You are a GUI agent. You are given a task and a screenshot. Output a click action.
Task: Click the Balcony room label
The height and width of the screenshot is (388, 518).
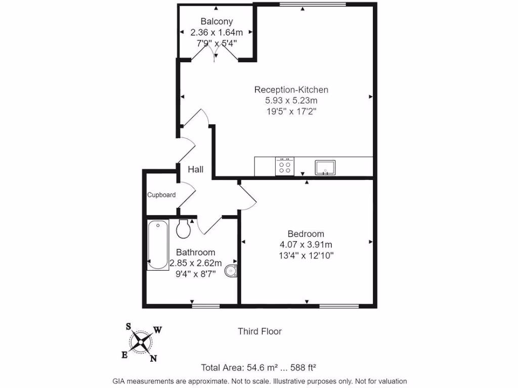[217, 21]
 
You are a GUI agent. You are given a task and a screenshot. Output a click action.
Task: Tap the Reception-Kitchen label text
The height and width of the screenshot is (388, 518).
[291, 90]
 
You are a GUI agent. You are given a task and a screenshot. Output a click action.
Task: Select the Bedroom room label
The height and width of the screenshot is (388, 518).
[306, 234]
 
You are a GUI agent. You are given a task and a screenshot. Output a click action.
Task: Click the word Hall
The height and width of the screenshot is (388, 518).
[196, 169]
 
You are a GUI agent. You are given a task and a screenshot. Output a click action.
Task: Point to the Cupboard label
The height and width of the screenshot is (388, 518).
[161, 195]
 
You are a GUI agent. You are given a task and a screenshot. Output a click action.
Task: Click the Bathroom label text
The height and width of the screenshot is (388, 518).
[195, 252]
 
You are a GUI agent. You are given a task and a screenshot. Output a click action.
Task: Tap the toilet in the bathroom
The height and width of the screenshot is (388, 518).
[184, 228]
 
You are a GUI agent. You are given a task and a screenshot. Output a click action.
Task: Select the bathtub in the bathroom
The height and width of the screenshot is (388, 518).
[158, 245]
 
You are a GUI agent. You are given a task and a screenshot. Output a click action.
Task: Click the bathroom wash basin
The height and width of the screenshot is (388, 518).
[232, 271]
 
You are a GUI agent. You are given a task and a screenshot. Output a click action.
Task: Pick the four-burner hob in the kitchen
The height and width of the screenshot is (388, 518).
[284, 166]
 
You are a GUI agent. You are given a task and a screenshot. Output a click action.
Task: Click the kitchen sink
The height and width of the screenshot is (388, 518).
[325, 167]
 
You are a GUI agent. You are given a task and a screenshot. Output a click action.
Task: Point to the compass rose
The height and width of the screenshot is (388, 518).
[141, 343]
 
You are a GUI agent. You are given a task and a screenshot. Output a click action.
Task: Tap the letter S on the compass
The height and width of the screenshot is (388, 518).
[128, 326]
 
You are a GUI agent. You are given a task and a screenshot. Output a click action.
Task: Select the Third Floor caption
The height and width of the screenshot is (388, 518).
[260, 331]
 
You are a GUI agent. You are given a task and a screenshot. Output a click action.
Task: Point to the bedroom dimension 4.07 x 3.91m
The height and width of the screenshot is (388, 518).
[306, 245]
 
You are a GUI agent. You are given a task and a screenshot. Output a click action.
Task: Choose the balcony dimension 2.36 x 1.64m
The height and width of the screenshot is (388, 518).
[217, 32]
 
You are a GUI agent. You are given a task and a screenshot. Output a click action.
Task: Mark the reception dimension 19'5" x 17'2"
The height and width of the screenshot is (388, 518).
[291, 111]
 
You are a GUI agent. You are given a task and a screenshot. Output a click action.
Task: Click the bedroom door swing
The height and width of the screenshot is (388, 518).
[248, 197]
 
